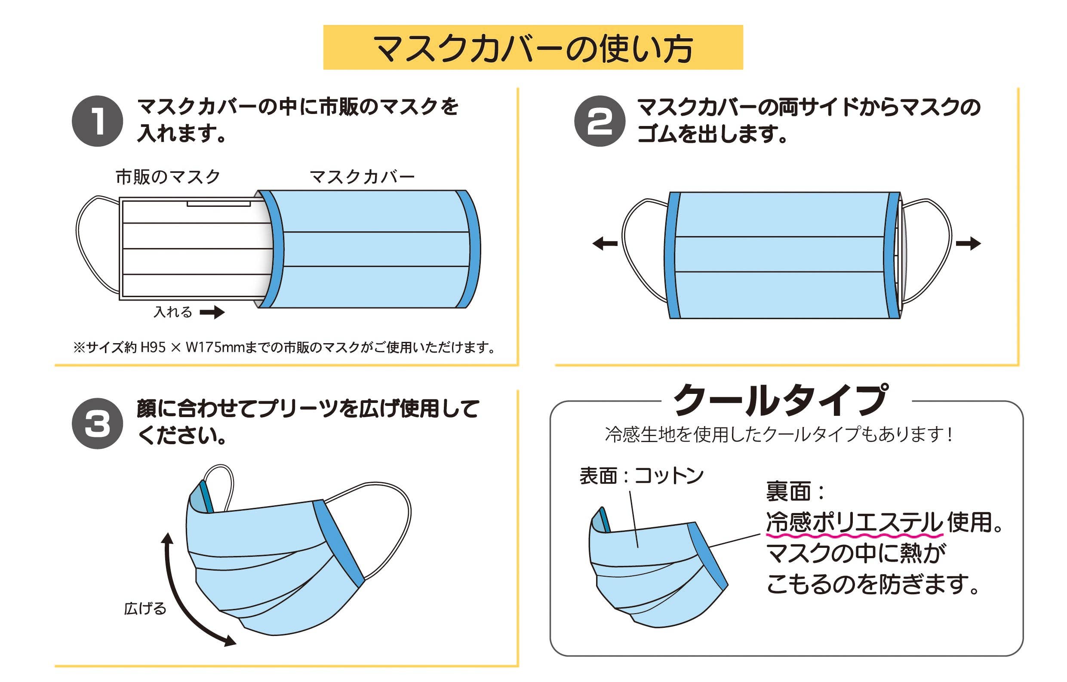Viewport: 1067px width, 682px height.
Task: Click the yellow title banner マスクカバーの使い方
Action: coord(532,47)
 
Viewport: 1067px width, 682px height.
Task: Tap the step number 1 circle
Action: coord(98,121)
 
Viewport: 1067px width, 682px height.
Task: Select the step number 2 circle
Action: coord(600,121)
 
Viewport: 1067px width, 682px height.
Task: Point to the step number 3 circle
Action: coord(98,424)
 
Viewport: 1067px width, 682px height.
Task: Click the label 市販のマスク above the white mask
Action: coord(168,177)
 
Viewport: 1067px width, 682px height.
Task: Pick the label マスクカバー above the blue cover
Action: coord(362,177)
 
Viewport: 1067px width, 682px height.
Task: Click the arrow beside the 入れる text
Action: coord(212,313)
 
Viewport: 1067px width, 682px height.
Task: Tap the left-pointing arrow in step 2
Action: coord(605,243)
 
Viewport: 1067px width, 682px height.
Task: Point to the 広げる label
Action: coord(145,608)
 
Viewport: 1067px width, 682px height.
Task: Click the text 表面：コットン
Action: coord(641,476)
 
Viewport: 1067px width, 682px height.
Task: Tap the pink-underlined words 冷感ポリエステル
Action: coord(854,522)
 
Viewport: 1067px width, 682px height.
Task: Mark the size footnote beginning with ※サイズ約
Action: coord(283,347)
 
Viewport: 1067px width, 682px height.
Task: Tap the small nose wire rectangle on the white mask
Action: coord(219,204)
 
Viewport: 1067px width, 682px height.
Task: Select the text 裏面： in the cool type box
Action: coord(795,492)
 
